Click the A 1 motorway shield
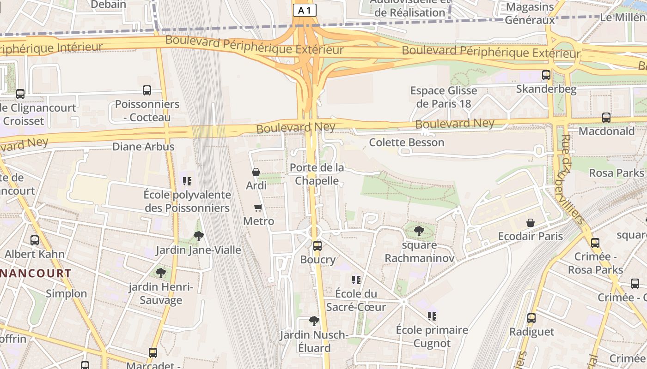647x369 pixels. click(x=305, y=10)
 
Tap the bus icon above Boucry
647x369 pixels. click(x=317, y=245)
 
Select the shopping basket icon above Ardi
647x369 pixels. click(x=256, y=172)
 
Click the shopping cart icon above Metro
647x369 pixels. click(x=258, y=208)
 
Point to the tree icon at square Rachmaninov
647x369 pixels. click(x=419, y=231)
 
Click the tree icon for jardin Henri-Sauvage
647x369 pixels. click(x=161, y=273)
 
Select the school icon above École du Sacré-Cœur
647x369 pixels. click(x=356, y=280)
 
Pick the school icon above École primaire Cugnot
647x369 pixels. click(x=432, y=316)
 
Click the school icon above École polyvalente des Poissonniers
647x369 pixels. click(x=187, y=181)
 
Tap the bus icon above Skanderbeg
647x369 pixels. click(x=546, y=75)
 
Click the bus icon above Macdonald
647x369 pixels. click(x=606, y=118)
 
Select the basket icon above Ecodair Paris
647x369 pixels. click(x=531, y=223)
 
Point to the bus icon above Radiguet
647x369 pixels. click(x=531, y=318)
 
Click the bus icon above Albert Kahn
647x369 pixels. click(x=35, y=240)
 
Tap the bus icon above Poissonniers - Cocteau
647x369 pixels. click(x=147, y=90)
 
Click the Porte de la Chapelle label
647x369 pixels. click(x=317, y=174)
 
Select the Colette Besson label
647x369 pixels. click(x=406, y=143)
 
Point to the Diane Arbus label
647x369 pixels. click(x=143, y=147)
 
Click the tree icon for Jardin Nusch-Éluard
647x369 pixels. click(x=314, y=321)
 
